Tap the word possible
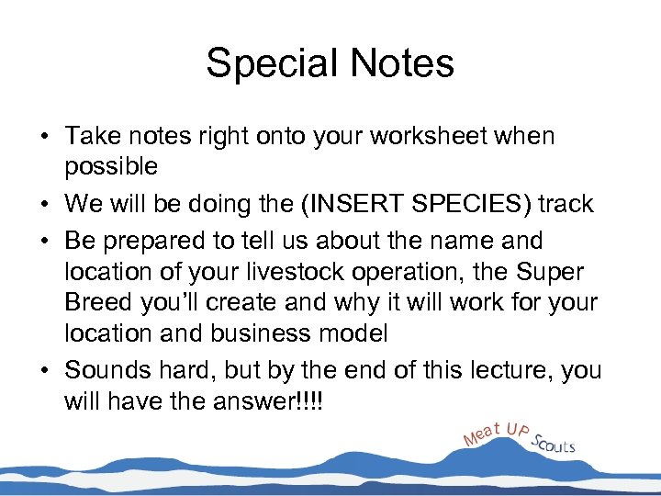tap(111, 166)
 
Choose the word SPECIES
tap(468, 203)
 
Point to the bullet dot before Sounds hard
tap(44, 371)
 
